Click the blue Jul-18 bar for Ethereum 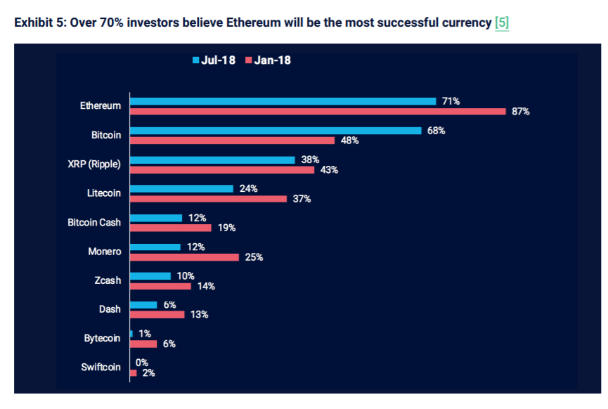click(x=283, y=101)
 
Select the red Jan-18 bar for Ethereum click(x=317, y=111)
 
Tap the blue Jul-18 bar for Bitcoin click(x=276, y=131)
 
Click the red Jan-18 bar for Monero click(x=184, y=257)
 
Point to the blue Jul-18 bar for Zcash click(x=150, y=276)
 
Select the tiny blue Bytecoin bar click(x=131, y=335)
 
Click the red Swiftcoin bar click(x=133, y=373)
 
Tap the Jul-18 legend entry click(x=214, y=60)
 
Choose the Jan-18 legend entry click(x=268, y=60)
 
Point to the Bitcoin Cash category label click(x=94, y=223)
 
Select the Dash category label click(x=110, y=309)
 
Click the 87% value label click(x=520, y=112)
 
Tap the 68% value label click(x=436, y=131)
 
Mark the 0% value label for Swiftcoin click(x=141, y=363)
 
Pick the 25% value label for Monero click(x=254, y=257)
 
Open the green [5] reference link click(x=502, y=22)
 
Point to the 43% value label click(x=329, y=170)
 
